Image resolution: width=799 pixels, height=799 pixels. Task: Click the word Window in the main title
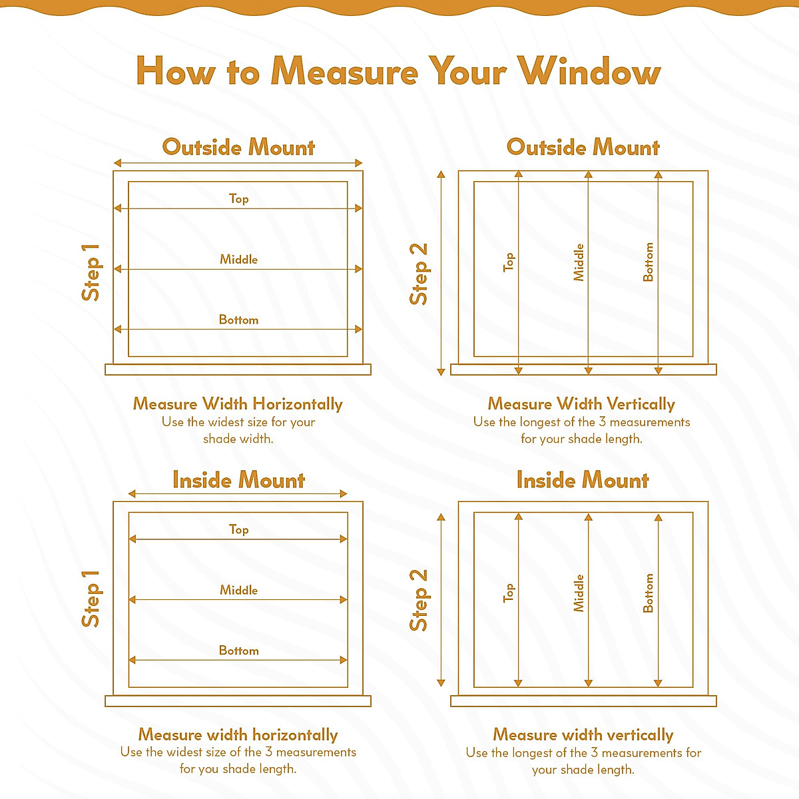point(589,71)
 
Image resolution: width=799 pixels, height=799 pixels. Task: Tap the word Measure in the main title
point(344,71)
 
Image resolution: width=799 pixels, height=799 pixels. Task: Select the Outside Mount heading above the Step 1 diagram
point(238,147)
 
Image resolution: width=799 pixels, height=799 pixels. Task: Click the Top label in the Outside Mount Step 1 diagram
point(238,198)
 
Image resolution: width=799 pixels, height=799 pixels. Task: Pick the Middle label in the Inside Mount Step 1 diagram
point(238,590)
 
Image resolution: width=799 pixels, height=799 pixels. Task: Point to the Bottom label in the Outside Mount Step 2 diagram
point(649,262)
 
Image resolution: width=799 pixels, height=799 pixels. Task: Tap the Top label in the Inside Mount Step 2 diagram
point(509,593)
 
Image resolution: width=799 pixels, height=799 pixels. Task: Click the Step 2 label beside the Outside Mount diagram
point(419,274)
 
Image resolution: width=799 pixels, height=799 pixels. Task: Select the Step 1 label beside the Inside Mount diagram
point(91,599)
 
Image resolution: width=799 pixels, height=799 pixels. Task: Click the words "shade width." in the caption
point(238,439)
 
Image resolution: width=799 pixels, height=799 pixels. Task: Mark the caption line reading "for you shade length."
point(238,769)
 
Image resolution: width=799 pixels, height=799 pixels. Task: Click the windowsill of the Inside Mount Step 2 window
point(583,700)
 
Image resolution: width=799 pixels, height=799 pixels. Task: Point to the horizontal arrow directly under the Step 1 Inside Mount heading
point(238,494)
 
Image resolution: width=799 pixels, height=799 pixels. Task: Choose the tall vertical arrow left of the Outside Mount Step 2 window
point(441,273)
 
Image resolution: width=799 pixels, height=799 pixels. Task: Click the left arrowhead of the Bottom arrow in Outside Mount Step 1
point(117,330)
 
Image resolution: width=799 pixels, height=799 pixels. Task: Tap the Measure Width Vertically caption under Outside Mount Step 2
point(581,404)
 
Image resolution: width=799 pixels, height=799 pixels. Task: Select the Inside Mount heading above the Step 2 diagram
point(583,480)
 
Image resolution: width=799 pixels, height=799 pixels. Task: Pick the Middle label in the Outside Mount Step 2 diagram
point(579,262)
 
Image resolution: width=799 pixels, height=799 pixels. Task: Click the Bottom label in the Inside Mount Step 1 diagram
point(238,651)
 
